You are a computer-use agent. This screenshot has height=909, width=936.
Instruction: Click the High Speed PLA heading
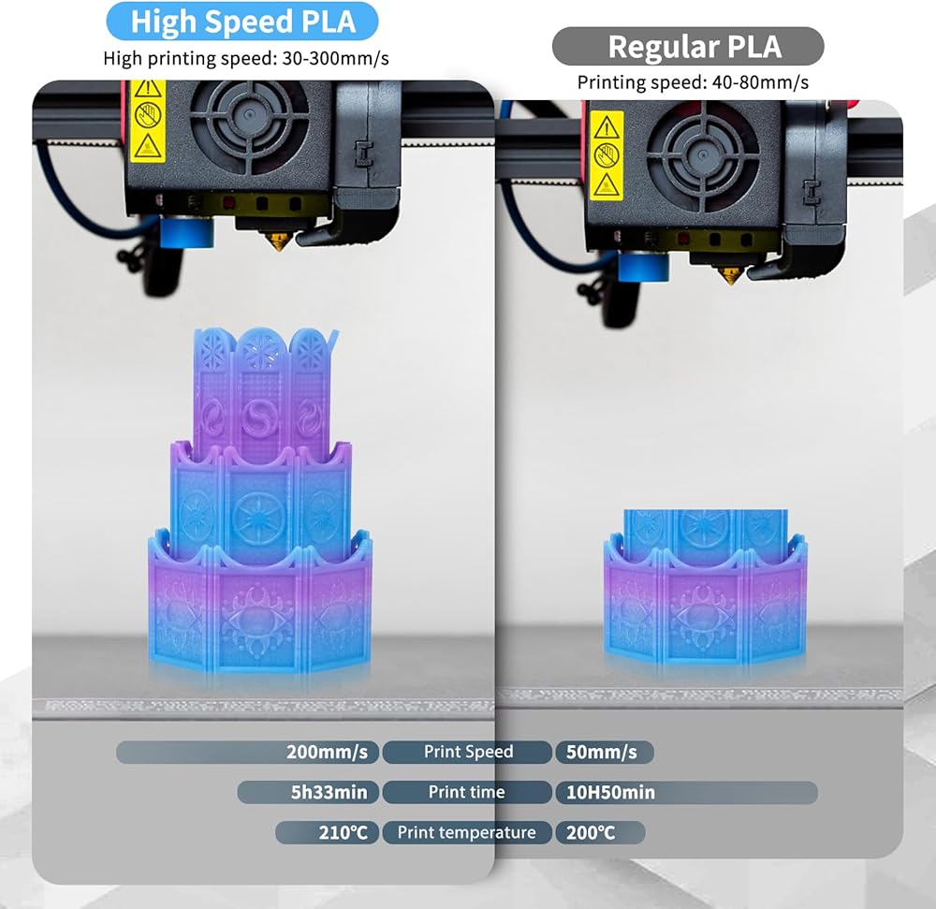click(x=242, y=22)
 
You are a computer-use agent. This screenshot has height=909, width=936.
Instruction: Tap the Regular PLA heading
click(x=695, y=47)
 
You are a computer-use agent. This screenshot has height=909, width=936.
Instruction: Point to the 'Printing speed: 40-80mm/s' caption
click(x=693, y=82)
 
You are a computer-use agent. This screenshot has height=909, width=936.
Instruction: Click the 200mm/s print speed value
click(x=327, y=752)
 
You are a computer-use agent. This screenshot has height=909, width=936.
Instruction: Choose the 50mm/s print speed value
click(x=602, y=752)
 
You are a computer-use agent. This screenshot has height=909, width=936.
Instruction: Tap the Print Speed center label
click(x=468, y=752)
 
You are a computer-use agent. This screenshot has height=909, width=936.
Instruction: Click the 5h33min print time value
click(x=329, y=792)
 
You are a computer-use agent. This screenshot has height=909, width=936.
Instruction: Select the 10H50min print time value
click(x=610, y=793)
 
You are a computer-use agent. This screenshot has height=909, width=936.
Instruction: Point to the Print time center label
click(x=467, y=792)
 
